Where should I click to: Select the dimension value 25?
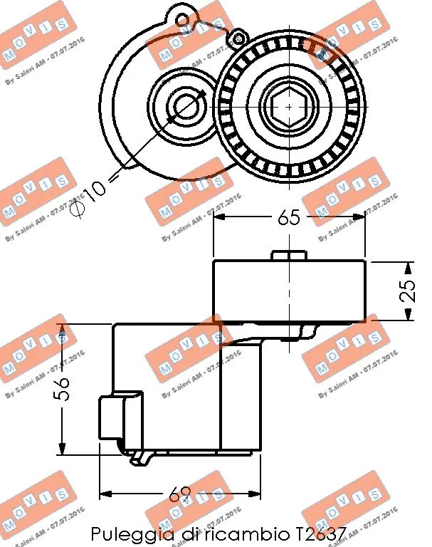click(x=408, y=291)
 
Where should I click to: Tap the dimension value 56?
click(x=62, y=389)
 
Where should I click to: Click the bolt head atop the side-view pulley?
click(x=289, y=256)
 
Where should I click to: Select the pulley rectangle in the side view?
click(x=289, y=291)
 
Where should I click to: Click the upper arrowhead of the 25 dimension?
click(x=406, y=267)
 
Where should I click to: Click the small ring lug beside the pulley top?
click(x=238, y=37)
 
